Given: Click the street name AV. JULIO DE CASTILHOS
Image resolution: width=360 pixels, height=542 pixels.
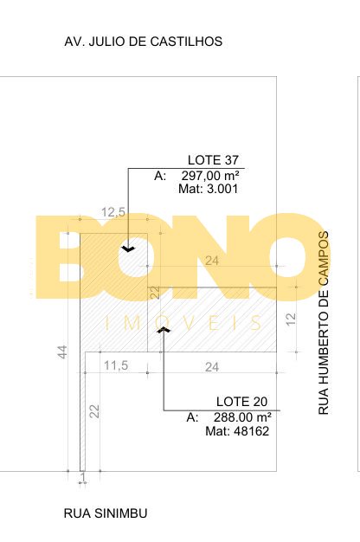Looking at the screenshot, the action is pyautogui.click(x=144, y=42).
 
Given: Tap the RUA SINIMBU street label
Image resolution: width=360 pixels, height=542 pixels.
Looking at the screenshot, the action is pyautogui.click(x=106, y=513).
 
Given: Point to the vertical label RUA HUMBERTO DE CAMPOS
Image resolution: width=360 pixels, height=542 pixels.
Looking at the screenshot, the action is pyautogui.click(x=323, y=323).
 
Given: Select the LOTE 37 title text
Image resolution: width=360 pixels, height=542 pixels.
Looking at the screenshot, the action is pyautogui.click(x=213, y=160).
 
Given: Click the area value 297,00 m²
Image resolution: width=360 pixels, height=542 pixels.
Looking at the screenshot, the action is pyautogui.click(x=210, y=176).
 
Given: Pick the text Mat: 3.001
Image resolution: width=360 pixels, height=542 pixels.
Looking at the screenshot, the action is pyautogui.click(x=209, y=189).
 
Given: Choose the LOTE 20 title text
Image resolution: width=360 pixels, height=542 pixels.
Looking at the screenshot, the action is pyautogui.click(x=241, y=402).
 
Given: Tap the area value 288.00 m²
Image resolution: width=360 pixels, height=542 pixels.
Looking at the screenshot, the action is pyautogui.click(x=242, y=417).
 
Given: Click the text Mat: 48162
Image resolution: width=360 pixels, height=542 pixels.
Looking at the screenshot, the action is pyautogui.click(x=237, y=431).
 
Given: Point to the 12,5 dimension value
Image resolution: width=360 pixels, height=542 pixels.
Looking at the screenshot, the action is pyautogui.click(x=113, y=212).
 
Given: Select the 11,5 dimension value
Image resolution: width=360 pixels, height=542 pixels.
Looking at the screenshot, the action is pyautogui.click(x=116, y=365).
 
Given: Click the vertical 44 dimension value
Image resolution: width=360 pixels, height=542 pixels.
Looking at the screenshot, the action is pyautogui.click(x=62, y=352).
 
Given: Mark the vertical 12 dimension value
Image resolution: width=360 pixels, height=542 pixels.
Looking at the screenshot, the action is pyautogui.click(x=292, y=319).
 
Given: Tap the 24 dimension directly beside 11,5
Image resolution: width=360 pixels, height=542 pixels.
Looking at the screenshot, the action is pyautogui.click(x=212, y=367).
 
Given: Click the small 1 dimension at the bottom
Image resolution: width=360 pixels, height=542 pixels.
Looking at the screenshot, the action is pyautogui.click(x=82, y=477).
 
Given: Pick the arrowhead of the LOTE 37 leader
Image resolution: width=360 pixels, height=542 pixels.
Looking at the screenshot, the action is pyautogui.click(x=128, y=248).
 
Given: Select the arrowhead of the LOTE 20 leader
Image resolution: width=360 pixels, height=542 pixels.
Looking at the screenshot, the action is pyautogui.click(x=164, y=330).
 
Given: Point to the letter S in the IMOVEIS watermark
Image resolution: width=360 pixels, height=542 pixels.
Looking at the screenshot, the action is pyautogui.click(x=256, y=323).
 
